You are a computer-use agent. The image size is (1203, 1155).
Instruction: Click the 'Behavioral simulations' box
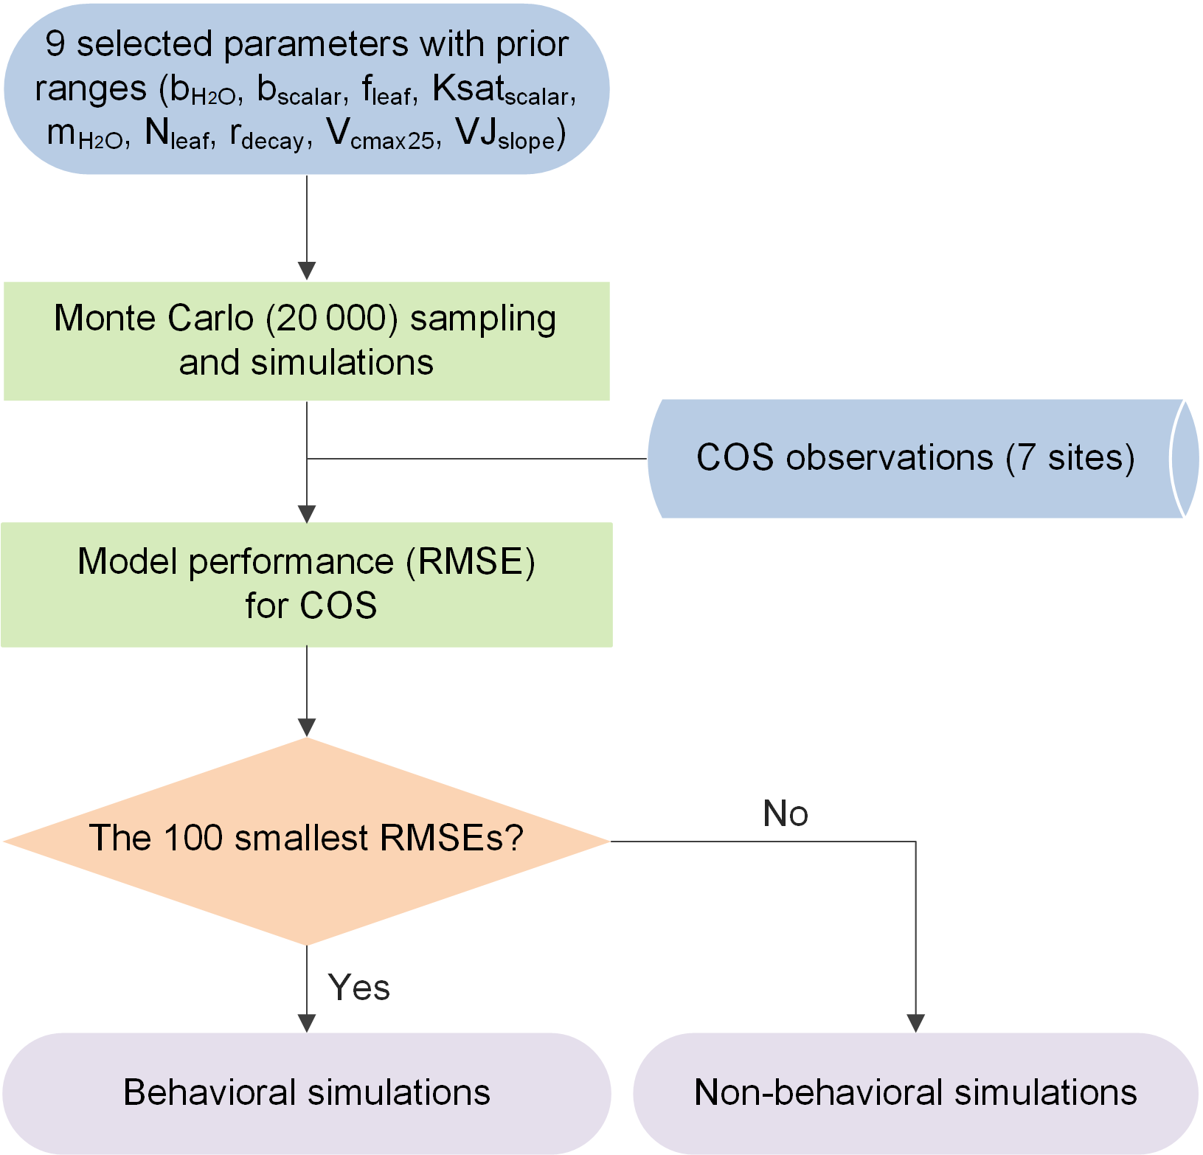click(306, 1092)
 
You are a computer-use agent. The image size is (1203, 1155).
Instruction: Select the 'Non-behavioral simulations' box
click(915, 1092)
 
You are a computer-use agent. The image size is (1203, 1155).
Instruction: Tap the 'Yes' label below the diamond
click(358, 988)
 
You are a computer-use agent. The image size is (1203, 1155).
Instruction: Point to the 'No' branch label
click(786, 814)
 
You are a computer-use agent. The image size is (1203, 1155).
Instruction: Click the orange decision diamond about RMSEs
click(306, 841)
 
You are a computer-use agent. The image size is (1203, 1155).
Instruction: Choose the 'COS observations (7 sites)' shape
click(915, 458)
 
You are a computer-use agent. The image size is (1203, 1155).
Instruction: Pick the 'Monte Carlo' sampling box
click(306, 341)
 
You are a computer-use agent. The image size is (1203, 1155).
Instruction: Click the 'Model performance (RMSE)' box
click(306, 584)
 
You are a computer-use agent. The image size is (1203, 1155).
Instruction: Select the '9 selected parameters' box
click(306, 89)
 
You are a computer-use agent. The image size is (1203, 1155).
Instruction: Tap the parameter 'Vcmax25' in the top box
click(384, 135)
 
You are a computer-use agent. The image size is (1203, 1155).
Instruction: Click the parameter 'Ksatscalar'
click(502, 91)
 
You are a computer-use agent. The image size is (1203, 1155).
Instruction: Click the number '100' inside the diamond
click(193, 838)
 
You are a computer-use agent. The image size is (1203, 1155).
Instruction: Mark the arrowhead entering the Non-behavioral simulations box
click(915, 1023)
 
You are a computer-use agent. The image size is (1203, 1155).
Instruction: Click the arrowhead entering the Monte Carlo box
click(307, 271)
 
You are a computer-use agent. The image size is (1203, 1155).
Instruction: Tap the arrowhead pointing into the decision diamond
click(307, 727)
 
